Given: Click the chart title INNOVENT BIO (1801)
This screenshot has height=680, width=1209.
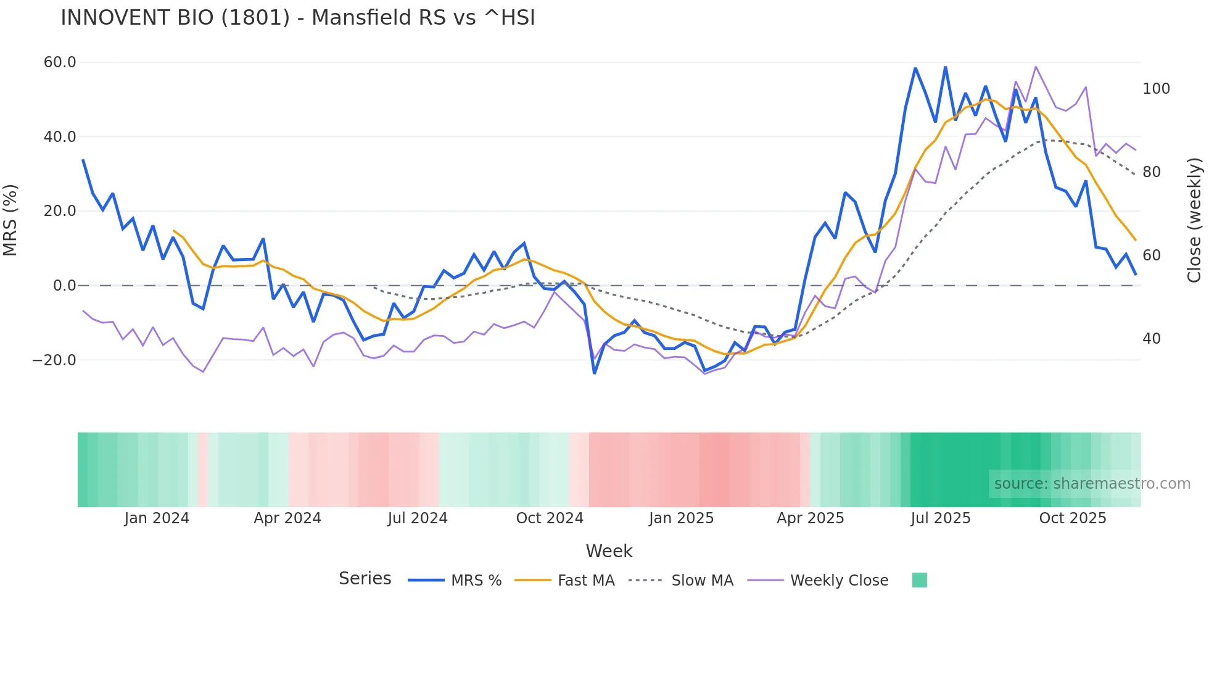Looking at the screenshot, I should [x=298, y=18].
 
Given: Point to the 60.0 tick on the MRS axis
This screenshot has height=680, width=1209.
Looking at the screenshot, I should [x=60, y=62].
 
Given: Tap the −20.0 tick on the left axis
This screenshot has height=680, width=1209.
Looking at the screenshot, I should [x=54, y=360].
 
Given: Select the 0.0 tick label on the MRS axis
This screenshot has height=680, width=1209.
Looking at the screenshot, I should [x=64, y=286].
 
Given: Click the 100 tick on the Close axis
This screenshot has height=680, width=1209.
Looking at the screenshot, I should [x=1156, y=89].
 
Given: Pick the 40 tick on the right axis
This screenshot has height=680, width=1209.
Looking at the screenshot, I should [x=1152, y=339].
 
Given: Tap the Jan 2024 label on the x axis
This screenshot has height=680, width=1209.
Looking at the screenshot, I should [x=157, y=518].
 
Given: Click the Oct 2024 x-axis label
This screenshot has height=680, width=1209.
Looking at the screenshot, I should [x=550, y=518].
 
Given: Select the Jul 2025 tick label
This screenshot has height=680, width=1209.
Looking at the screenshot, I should [x=941, y=518].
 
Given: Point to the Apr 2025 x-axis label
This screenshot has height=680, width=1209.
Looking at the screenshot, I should [x=810, y=518].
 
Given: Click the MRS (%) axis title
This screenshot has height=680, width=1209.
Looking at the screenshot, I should [x=10, y=220].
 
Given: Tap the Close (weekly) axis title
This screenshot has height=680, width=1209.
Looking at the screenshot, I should [x=1195, y=220].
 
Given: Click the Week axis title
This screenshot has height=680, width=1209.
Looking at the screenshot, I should [x=609, y=551].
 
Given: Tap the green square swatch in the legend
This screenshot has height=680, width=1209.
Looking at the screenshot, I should [x=919, y=580].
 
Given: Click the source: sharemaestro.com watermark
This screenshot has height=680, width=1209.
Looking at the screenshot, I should [x=1092, y=484].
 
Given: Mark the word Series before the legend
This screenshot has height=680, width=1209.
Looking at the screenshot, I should [x=365, y=579].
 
